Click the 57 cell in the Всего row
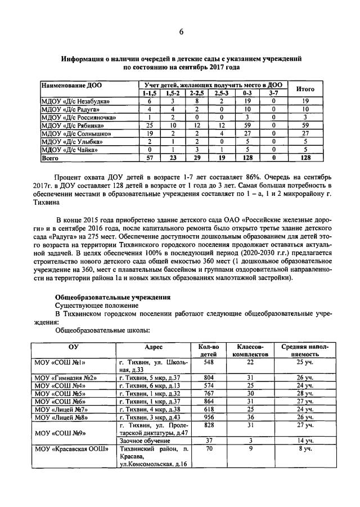[149, 159]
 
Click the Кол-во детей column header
[208, 351]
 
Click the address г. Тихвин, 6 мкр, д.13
[149, 385]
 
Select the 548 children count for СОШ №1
[208, 363]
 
